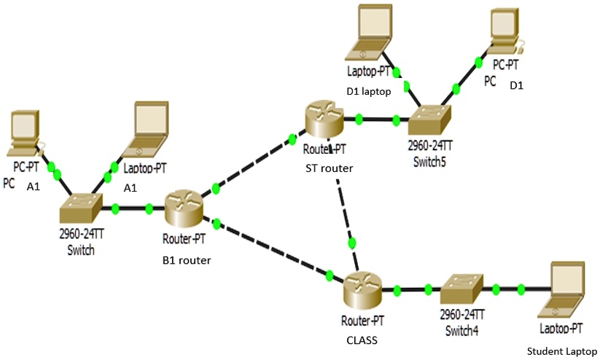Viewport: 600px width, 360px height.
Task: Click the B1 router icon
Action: [182, 208]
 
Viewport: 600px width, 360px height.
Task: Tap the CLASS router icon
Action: [362, 289]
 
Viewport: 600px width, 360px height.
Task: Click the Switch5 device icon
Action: [430, 117]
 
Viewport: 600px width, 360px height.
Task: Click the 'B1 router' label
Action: [186, 259]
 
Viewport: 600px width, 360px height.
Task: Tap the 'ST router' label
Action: [329, 168]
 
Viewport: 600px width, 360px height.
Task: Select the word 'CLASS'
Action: [362, 339]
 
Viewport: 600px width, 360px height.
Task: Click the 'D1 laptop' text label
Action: [369, 91]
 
